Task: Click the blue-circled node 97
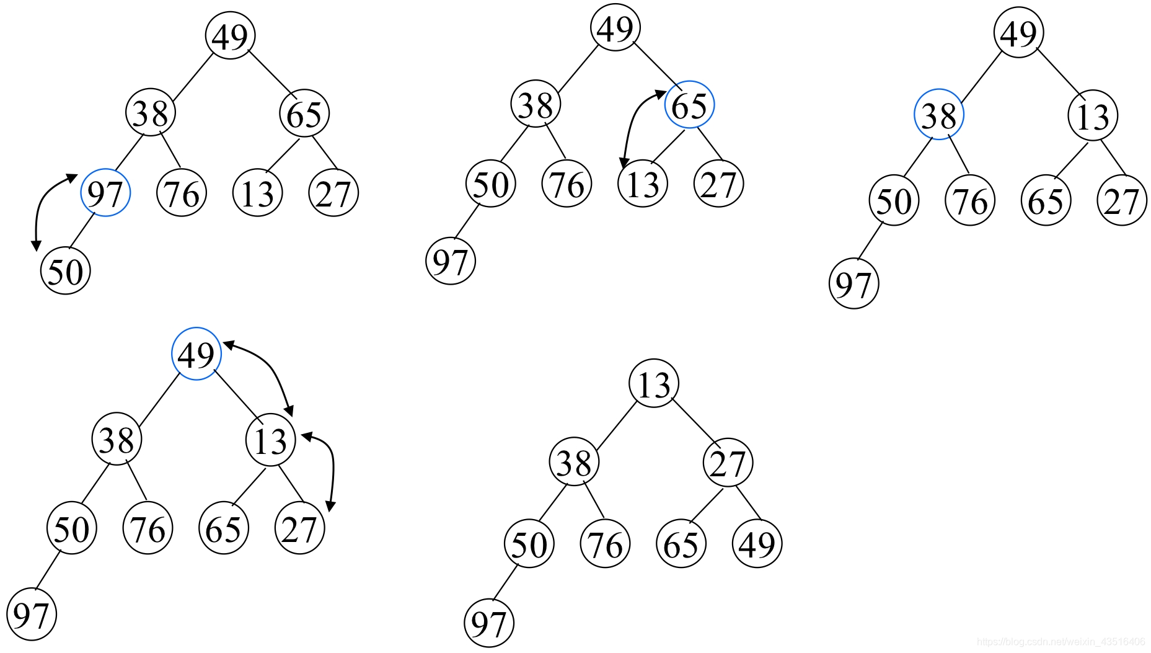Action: click(105, 193)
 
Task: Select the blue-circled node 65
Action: click(689, 105)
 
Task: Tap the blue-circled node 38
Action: click(938, 115)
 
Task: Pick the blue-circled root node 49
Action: click(196, 353)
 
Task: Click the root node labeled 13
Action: click(653, 383)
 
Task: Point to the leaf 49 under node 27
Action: click(757, 544)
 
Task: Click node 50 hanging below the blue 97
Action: click(65, 270)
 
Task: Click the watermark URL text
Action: click(1061, 642)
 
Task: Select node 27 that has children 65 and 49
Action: click(728, 463)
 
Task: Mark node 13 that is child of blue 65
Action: click(643, 184)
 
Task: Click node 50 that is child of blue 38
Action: click(893, 201)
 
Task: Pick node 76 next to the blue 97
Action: click(182, 193)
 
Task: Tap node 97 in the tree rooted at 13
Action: click(488, 623)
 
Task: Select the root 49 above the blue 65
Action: click(615, 28)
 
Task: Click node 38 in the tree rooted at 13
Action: click(574, 463)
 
